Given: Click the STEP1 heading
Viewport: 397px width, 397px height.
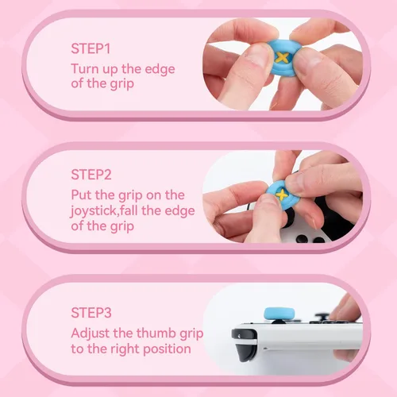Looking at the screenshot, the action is (x=91, y=48).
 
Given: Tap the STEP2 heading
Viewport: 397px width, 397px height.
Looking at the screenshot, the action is (x=91, y=175).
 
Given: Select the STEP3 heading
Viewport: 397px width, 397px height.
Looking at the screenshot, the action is (x=91, y=313).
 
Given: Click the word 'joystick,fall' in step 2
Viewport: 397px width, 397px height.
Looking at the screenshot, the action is (x=104, y=211).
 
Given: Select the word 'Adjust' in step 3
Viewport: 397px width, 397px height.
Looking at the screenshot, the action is (x=91, y=333).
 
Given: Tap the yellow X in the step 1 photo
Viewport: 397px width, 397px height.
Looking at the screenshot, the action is (x=282, y=57).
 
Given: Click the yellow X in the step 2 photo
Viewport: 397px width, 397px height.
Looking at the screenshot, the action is (x=282, y=195).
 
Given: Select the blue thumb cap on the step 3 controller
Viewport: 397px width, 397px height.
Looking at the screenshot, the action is (x=279, y=314).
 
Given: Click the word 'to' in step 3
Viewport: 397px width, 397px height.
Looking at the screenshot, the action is (x=77, y=349).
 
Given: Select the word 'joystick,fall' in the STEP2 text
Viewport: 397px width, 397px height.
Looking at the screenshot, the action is (x=104, y=211).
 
